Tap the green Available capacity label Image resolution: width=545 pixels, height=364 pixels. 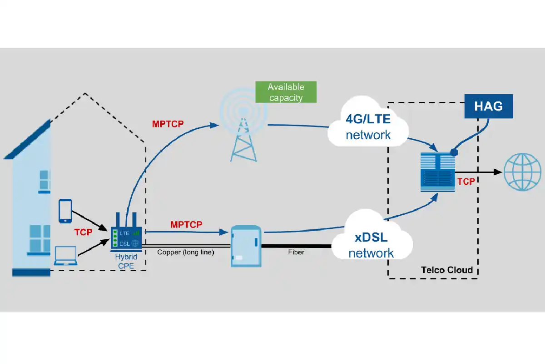click(286, 92)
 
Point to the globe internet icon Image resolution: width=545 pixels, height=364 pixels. click(524, 172)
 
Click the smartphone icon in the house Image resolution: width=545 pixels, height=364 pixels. click(65, 211)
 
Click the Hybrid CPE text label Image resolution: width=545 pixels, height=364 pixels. click(126, 261)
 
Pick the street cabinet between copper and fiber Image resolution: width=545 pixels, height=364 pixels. click(246, 246)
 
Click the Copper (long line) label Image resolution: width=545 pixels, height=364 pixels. click(185, 252)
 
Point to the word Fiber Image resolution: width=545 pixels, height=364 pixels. click(296, 252)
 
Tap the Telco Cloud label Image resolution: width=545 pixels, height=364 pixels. click(447, 270)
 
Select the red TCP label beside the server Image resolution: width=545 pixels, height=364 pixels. click(466, 182)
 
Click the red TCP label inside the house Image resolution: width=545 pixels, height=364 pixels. click(83, 232)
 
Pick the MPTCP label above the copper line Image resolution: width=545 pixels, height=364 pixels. click(186, 224)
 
